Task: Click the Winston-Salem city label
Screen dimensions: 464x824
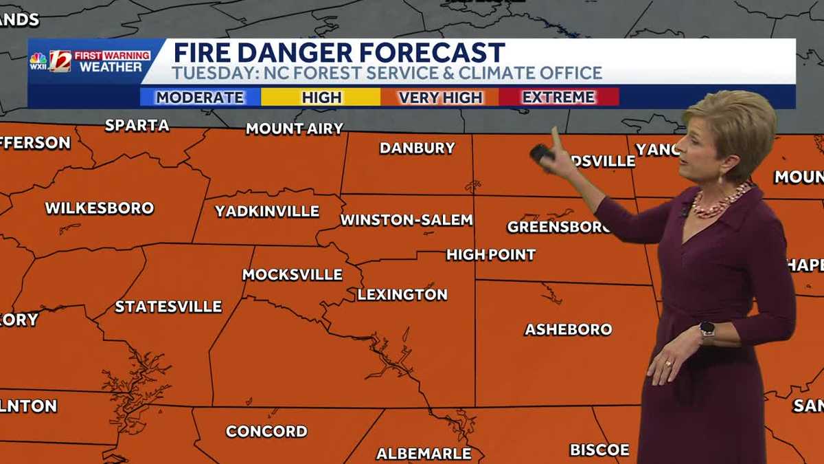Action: point(407,220)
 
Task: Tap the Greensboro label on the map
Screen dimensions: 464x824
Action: point(558,227)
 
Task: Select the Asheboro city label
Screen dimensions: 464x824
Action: point(568,329)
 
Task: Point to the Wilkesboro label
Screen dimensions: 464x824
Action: point(100,208)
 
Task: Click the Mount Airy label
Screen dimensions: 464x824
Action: point(294,129)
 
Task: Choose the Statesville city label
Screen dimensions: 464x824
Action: point(168,307)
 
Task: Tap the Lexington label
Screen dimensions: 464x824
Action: point(402,294)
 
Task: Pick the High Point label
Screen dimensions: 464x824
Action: point(491,254)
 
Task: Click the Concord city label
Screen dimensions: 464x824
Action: point(266,431)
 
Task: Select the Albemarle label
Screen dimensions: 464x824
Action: point(424,453)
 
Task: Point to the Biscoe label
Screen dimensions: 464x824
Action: point(599,450)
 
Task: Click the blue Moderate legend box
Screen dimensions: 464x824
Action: point(200,97)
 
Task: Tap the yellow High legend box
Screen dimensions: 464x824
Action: point(321,97)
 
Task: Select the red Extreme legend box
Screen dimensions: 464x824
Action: point(558,97)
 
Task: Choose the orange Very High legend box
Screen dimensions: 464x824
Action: point(440,97)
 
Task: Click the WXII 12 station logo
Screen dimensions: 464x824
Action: point(51,61)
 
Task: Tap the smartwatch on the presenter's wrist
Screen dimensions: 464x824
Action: point(707,332)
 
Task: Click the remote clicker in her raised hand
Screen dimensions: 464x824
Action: point(542,153)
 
